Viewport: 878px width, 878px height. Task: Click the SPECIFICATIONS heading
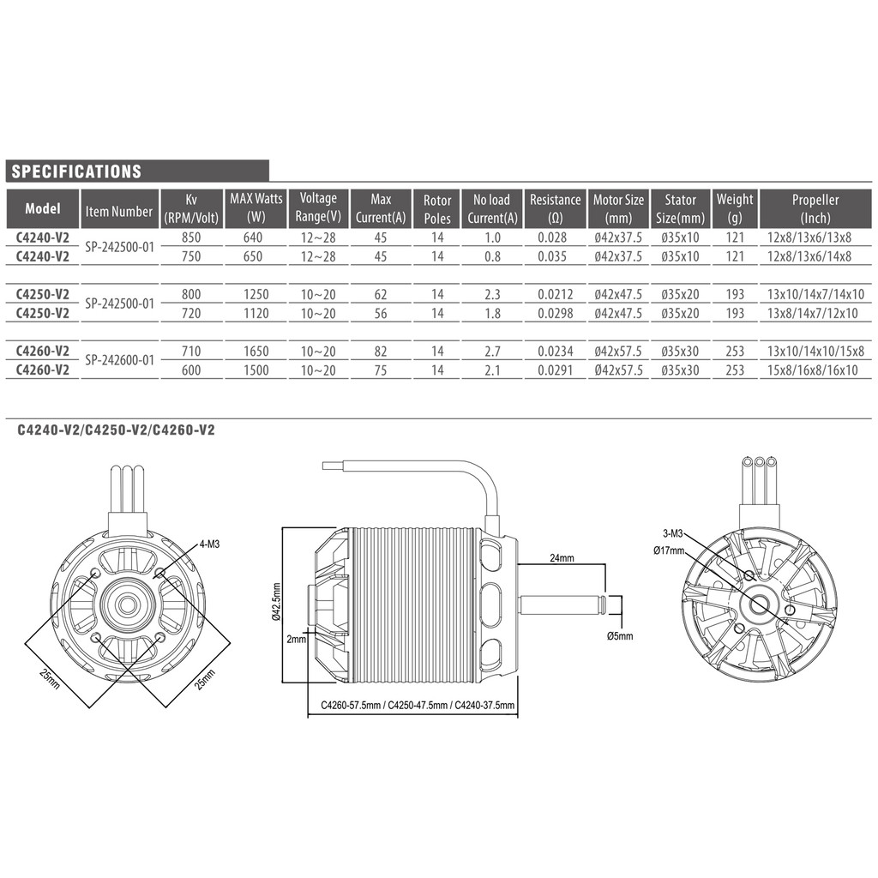click(76, 171)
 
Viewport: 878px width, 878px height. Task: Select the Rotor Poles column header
click(437, 209)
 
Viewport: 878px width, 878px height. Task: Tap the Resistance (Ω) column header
click(555, 208)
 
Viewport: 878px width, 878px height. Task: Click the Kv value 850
click(191, 238)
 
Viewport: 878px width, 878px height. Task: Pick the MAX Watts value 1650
click(256, 351)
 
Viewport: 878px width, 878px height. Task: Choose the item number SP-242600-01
click(119, 360)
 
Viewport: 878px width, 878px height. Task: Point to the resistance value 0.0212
click(555, 294)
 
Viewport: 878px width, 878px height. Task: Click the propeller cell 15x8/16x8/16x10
click(812, 370)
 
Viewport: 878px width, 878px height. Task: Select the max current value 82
click(381, 351)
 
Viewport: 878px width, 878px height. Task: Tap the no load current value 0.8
click(492, 256)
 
